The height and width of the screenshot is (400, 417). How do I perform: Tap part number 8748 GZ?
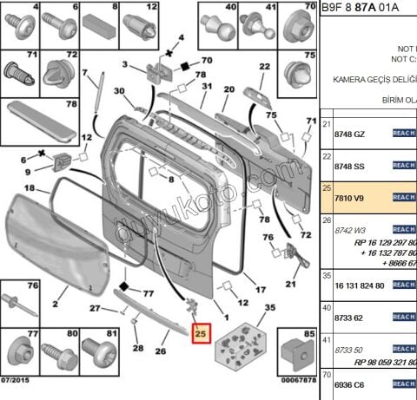(350, 134)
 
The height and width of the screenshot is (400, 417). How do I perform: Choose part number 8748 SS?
(350, 165)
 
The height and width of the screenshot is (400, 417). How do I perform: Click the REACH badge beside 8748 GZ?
(404, 134)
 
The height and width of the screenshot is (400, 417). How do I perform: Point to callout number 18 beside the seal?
(29, 187)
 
